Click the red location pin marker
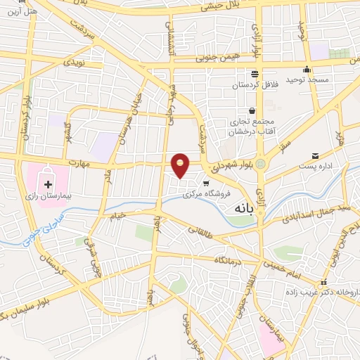click(181, 165)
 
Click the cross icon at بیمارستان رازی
click(48, 185)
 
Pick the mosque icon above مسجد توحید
click(307, 70)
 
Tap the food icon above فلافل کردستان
click(255, 74)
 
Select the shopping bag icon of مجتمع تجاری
click(252, 110)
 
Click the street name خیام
click(117, 212)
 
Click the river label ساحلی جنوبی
click(32, 236)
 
